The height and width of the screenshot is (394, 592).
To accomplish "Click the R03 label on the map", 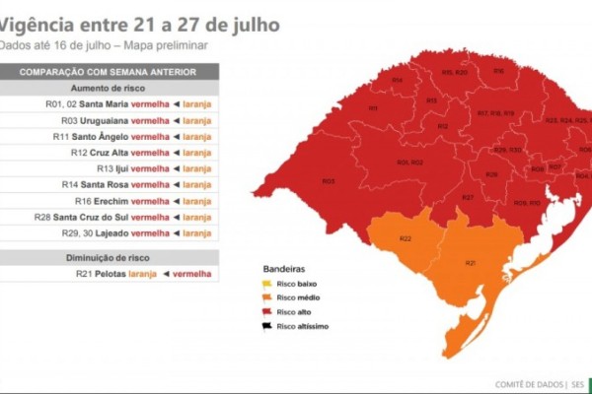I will tap(329, 180).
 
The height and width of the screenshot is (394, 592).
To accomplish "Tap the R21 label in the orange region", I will tap(470, 263).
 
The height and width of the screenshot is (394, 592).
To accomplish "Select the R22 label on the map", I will tap(406, 239).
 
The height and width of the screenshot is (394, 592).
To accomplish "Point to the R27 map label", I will tap(469, 198).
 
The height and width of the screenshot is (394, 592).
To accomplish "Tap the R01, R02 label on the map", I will tap(409, 162).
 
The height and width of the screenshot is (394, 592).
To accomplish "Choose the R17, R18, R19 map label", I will tap(495, 113).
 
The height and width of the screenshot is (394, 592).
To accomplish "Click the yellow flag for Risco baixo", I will tap(267, 283).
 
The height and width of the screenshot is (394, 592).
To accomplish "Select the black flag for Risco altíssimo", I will tap(267, 326).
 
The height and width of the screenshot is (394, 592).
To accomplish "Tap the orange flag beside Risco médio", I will tap(267, 297).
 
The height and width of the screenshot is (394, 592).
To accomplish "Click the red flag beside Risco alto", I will tap(267, 311).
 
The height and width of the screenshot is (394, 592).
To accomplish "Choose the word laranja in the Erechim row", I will tap(197, 200).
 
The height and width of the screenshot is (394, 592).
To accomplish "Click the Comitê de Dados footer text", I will tap(530, 384).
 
